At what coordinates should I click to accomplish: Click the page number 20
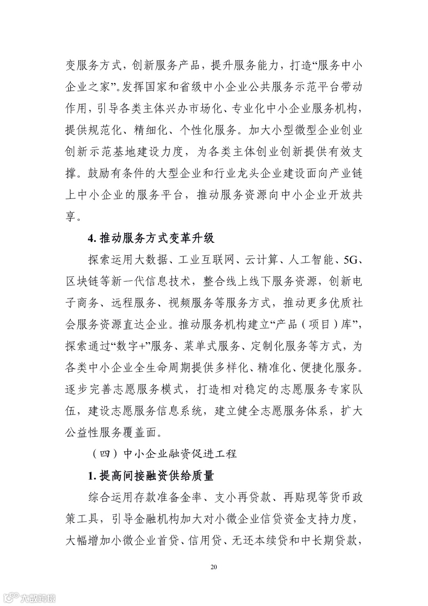pyautogui.click(x=214, y=567)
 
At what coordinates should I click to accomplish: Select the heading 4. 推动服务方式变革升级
pyautogui.click(x=151, y=239)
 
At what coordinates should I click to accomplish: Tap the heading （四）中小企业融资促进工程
pyautogui.click(x=164, y=454)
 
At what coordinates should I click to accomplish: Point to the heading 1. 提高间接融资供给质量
pyautogui.click(x=151, y=475)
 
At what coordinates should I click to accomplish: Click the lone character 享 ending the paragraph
pyautogui.click(x=71, y=217)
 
